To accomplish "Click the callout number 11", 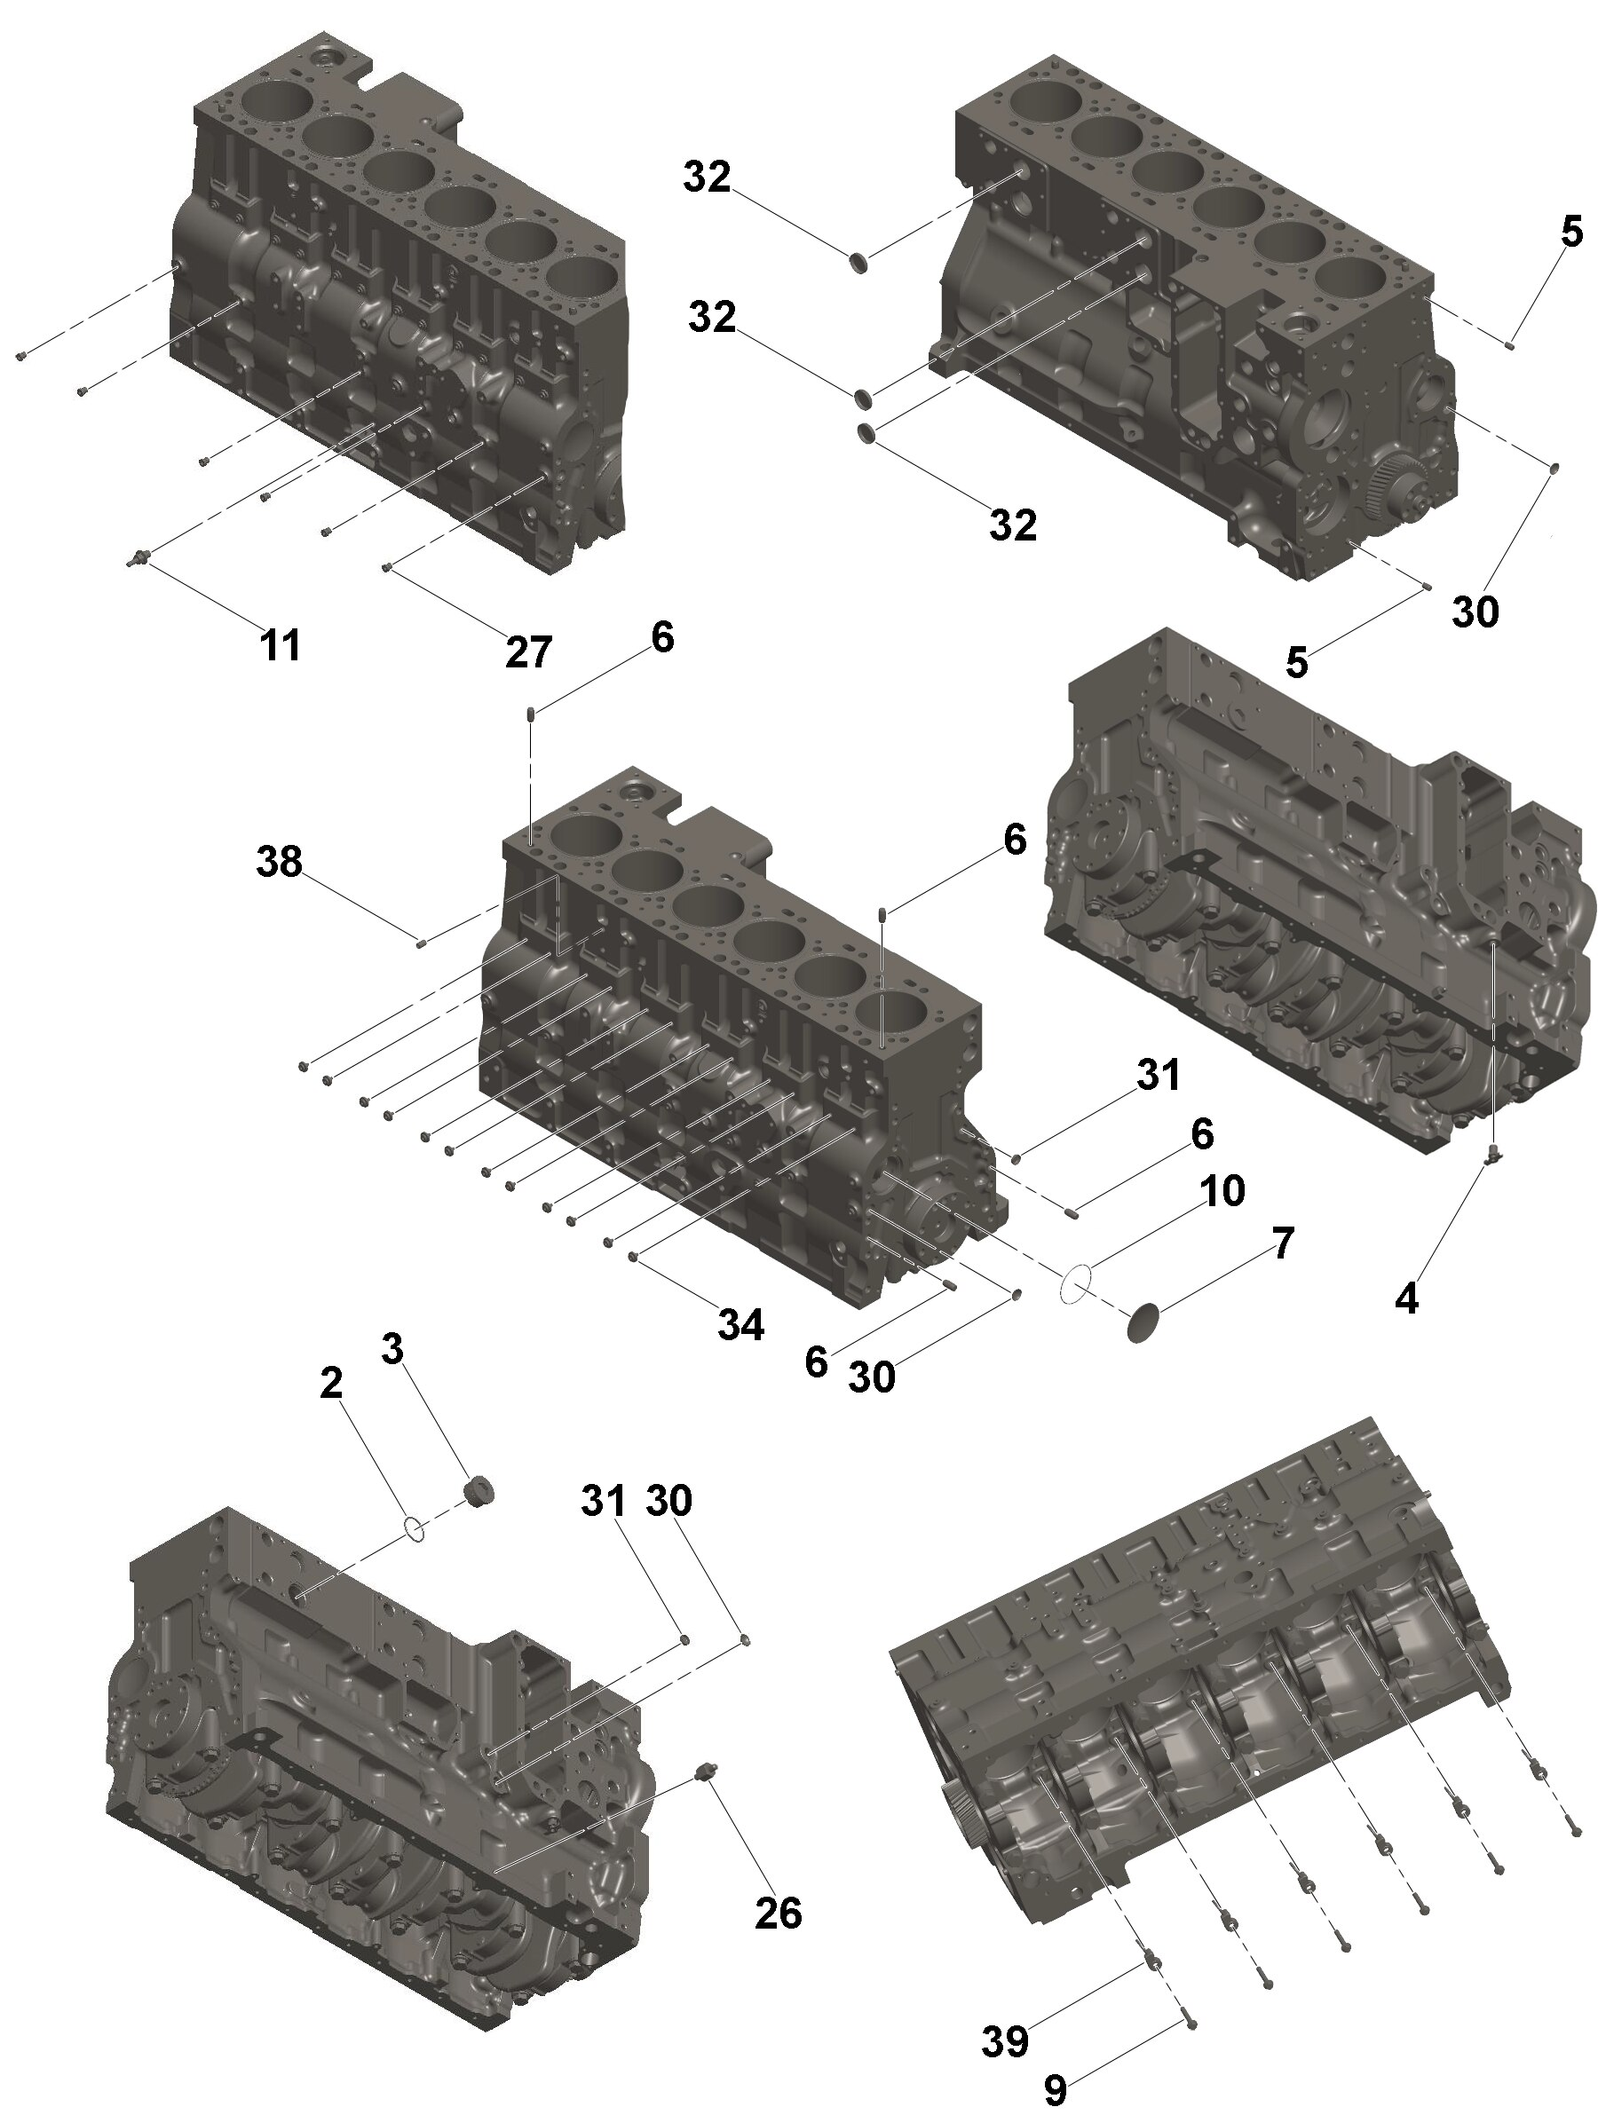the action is point(281,644).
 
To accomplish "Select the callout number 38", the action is point(280,862).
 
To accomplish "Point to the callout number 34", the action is point(741,1325).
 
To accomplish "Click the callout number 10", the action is point(1222,1190).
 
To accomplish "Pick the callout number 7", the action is point(1283,1242).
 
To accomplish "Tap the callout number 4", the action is point(1407,1298).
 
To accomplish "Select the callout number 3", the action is point(392,1349).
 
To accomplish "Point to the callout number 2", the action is point(331,1383).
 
